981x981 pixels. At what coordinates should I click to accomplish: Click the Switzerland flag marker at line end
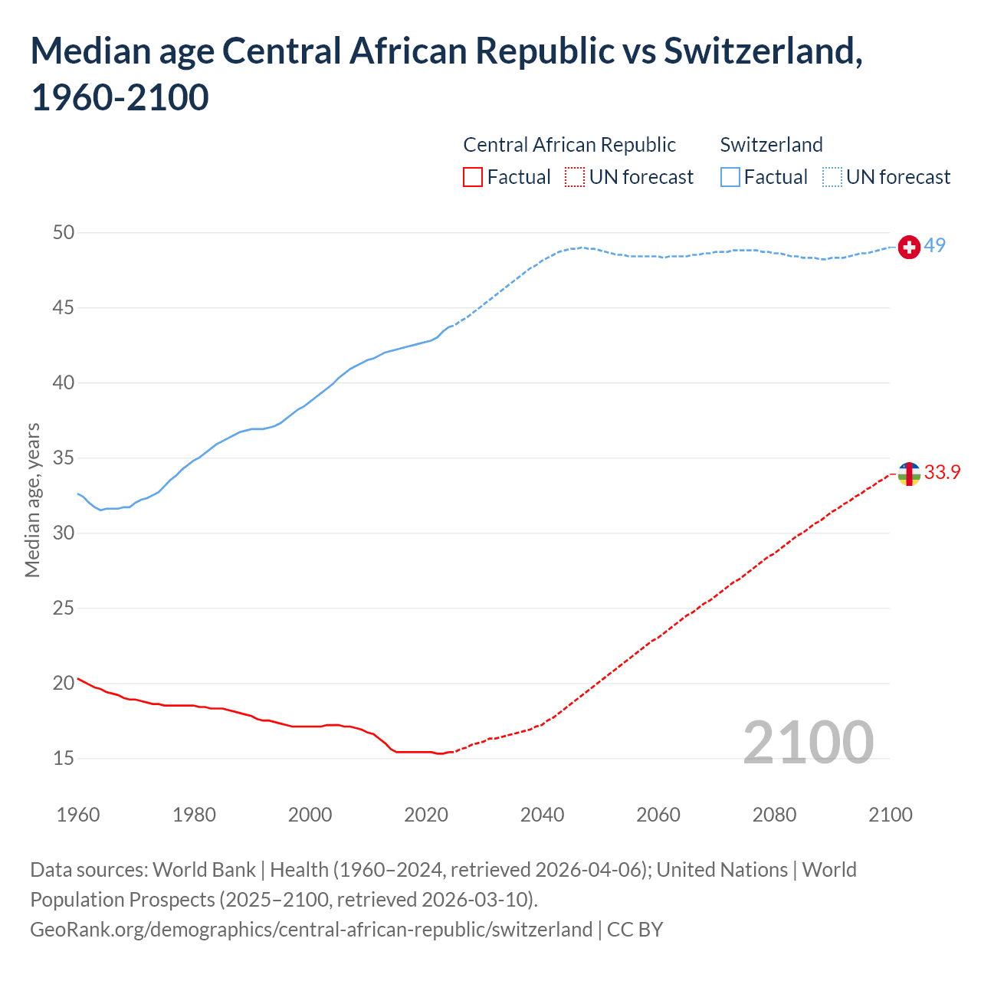pos(909,248)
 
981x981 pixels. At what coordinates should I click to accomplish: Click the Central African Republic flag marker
pos(909,474)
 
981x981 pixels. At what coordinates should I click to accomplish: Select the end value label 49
pos(934,245)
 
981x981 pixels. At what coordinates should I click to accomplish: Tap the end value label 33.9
pos(942,472)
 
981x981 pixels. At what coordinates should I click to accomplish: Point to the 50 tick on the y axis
pos(64,232)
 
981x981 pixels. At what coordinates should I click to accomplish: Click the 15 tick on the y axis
pos(64,758)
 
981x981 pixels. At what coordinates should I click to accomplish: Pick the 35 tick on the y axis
pos(64,458)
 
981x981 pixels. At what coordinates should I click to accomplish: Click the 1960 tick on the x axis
pos(78,815)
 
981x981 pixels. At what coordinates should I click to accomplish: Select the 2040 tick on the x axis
pos(542,815)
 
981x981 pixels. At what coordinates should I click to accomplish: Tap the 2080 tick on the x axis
pos(774,815)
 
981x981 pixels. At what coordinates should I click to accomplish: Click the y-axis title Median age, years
pos(32,500)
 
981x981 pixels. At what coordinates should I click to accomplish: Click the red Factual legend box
pos(473,177)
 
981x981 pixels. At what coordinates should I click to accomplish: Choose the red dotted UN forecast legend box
pos(575,177)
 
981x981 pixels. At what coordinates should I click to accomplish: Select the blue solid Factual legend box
pos(730,177)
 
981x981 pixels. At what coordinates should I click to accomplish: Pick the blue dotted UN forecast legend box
pos(832,177)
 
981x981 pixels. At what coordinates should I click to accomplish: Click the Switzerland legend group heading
pos(771,145)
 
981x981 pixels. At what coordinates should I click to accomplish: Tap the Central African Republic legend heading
pos(569,145)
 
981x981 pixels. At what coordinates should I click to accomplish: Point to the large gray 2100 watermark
pos(808,742)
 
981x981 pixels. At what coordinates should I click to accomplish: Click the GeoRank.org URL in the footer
pos(311,930)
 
